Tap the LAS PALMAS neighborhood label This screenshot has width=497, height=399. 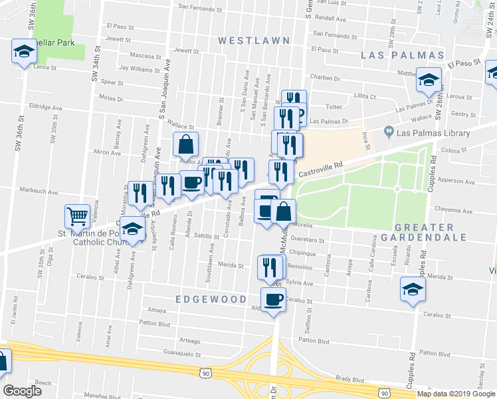(x=402, y=55)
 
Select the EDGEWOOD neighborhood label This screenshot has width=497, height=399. (x=211, y=300)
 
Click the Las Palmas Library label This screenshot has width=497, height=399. (x=433, y=133)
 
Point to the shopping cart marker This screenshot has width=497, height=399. (x=77, y=216)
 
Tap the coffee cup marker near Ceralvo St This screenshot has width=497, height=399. (x=272, y=300)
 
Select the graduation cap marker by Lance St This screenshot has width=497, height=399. (x=23, y=51)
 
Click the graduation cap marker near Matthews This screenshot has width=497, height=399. (x=429, y=79)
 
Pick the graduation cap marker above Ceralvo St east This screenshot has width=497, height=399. (x=412, y=290)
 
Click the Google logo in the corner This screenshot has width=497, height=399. (x=22, y=391)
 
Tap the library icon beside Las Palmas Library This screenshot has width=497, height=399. (x=389, y=133)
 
